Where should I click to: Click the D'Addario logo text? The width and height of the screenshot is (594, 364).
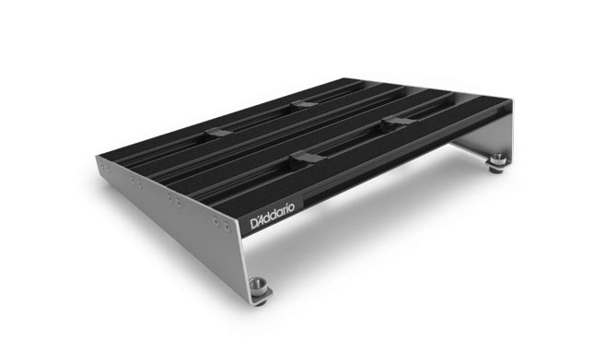coord(272,217)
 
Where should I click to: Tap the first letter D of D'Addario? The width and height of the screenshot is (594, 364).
coord(254,224)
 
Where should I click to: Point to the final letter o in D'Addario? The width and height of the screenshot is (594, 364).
coord(291,207)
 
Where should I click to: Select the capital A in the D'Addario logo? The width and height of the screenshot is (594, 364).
coord(263,219)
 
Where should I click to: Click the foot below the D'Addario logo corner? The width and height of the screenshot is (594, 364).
coord(260,291)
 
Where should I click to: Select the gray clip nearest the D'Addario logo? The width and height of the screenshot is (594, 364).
coord(305,157)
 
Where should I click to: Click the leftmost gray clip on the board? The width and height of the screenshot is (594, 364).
coord(218,134)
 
